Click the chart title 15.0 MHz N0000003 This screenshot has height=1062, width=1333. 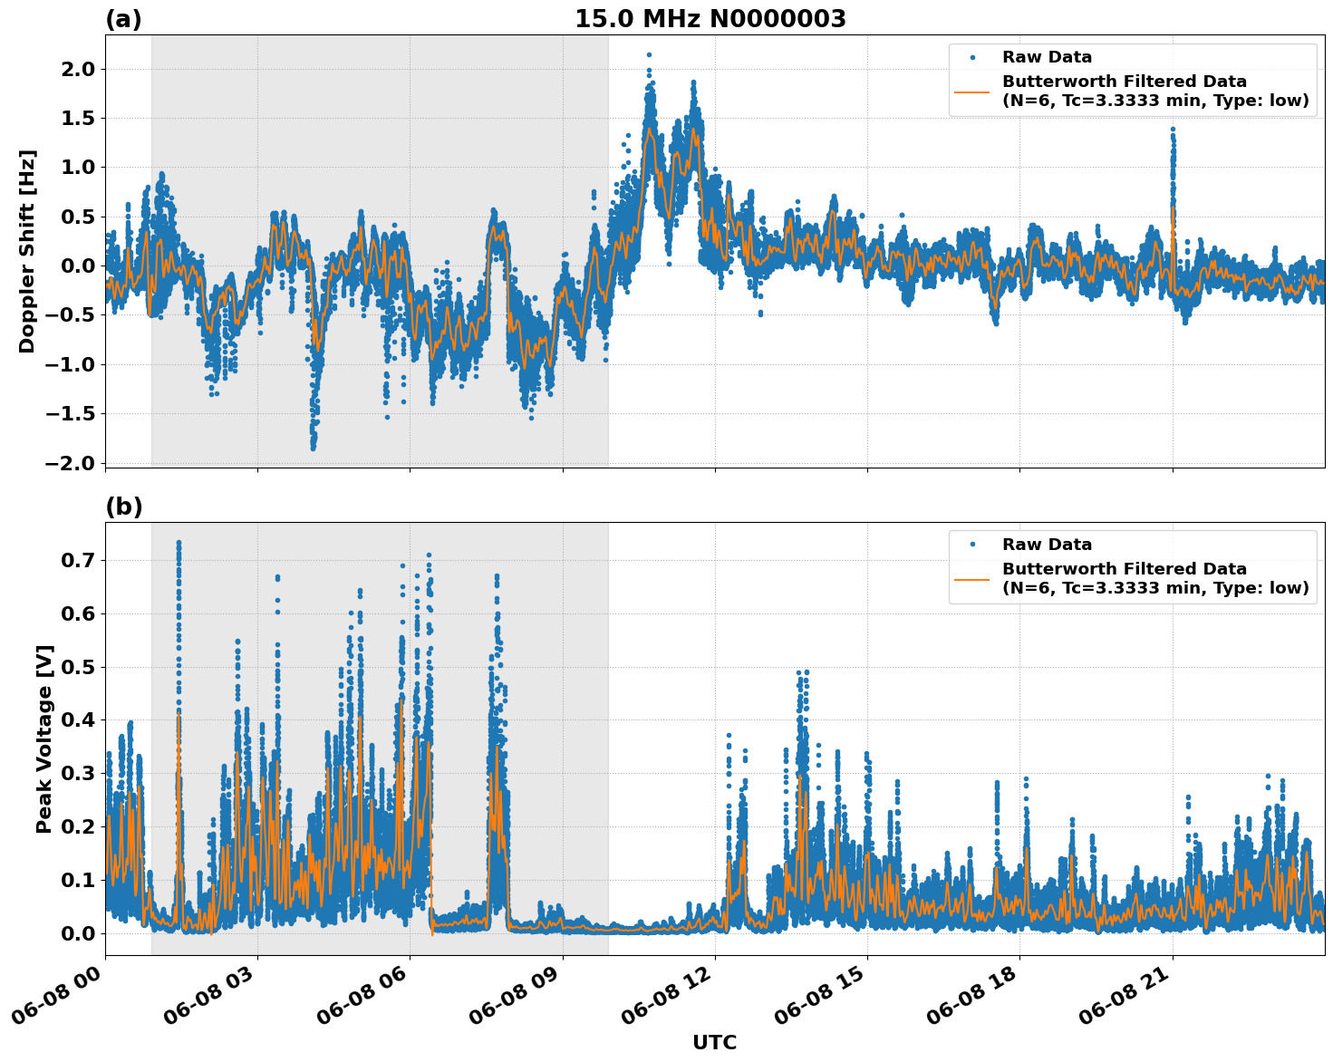pos(710,19)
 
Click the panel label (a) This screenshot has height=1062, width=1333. pos(123,19)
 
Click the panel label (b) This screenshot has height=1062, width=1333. pos(123,507)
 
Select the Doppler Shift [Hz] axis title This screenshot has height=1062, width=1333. pos(27,251)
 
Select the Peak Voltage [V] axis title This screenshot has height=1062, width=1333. pos(43,739)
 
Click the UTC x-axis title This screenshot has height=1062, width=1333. pos(714,1042)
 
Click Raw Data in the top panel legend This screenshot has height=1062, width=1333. pos(1047,57)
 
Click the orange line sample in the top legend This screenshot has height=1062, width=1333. pos(972,91)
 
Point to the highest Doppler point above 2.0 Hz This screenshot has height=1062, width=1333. pos(649,54)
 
